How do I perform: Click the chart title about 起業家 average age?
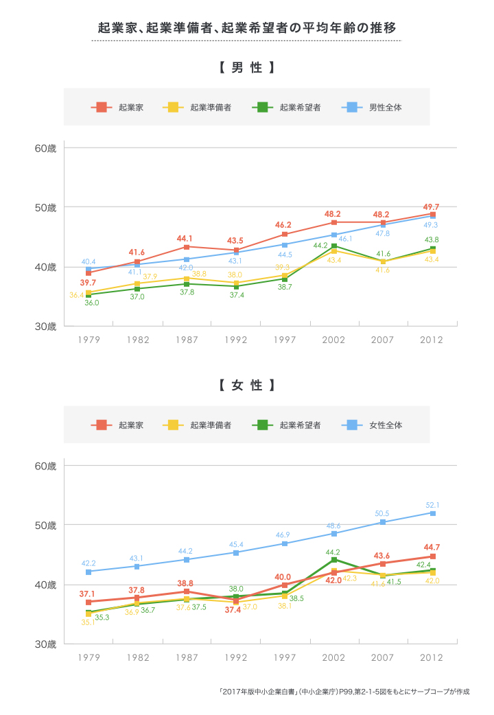click(x=246, y=28)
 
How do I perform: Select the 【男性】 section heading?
click(x=247, y=68)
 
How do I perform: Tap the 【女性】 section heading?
click(x=247, y=385)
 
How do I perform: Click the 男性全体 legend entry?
click(x=376, y=107)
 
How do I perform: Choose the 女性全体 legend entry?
click(x=376, y=425)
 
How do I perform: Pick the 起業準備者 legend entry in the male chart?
click(x=199, y=107)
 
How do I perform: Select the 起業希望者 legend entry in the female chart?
click(x=289, y=425)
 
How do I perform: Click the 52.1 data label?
click(x=432, y=505)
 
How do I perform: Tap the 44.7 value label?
click(x=432, y=547)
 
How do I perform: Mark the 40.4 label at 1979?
click(x=89, y=261)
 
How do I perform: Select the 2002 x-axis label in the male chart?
click(x=333, y=340)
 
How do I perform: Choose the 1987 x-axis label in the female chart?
click(x=187, y=657)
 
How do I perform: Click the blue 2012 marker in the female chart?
click(x=433, y=513)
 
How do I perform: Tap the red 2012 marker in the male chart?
click(x=433, y=215)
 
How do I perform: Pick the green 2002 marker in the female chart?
click(x=334, y=559)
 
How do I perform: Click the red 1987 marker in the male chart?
click(x=187, y=247)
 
